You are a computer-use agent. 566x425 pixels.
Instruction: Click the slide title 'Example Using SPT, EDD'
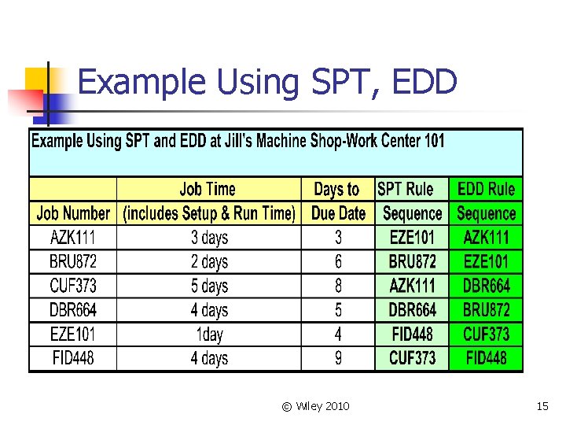267,82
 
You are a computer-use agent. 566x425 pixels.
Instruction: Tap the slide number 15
542,406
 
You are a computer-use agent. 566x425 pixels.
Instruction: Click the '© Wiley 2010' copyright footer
316,406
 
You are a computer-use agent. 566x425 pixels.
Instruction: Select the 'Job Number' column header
73,213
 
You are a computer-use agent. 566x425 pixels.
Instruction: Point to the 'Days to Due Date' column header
338,201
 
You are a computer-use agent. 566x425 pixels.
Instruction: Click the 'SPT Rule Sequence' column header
411,201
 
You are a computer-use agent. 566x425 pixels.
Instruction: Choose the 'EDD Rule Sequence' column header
486,201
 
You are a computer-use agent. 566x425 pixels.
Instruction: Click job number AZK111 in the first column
73,237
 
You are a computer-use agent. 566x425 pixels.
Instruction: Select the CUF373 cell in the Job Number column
73,286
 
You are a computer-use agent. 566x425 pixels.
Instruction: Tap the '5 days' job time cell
209,286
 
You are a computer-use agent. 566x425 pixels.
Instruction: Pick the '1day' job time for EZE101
209,334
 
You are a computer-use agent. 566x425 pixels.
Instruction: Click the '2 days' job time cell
209,261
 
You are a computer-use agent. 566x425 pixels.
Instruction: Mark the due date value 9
338,359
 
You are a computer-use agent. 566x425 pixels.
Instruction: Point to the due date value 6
338,261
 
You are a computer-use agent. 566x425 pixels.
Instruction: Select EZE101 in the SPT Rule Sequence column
412,237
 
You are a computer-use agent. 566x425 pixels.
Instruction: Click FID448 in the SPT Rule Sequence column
412,334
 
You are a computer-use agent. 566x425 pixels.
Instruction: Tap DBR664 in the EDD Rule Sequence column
486,286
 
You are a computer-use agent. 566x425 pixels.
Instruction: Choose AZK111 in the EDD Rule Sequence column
486,237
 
